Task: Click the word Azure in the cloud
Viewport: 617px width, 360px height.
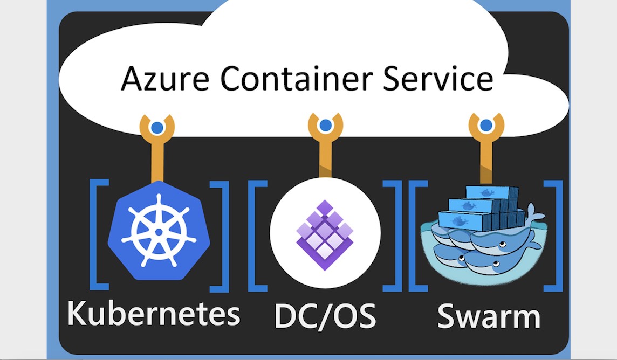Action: tap(165, 78)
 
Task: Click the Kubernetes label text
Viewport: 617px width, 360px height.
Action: tap(154, 313)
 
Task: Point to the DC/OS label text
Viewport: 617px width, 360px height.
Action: tap(325, 316)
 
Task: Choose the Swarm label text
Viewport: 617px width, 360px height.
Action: tap(489, 316)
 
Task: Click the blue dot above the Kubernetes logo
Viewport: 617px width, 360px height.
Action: tap(157, 128)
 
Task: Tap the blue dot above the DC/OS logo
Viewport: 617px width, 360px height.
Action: tap(325, 126)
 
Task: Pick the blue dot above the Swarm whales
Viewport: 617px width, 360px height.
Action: tap(486, 126)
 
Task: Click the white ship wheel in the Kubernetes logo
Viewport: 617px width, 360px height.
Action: tap(159, 232)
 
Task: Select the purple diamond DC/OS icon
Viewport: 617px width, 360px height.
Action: tap(325, 235)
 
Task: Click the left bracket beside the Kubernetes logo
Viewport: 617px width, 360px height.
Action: tap(99, 234)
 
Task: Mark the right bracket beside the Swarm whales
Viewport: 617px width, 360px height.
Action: tap(553, 236)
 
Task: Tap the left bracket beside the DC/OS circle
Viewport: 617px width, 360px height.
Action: tap(258, 236)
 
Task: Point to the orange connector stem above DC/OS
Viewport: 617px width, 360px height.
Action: tap(325, 155)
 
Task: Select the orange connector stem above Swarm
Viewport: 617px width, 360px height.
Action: tap(486, 158)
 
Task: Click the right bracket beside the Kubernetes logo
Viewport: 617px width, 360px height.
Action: tap(219, 236)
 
